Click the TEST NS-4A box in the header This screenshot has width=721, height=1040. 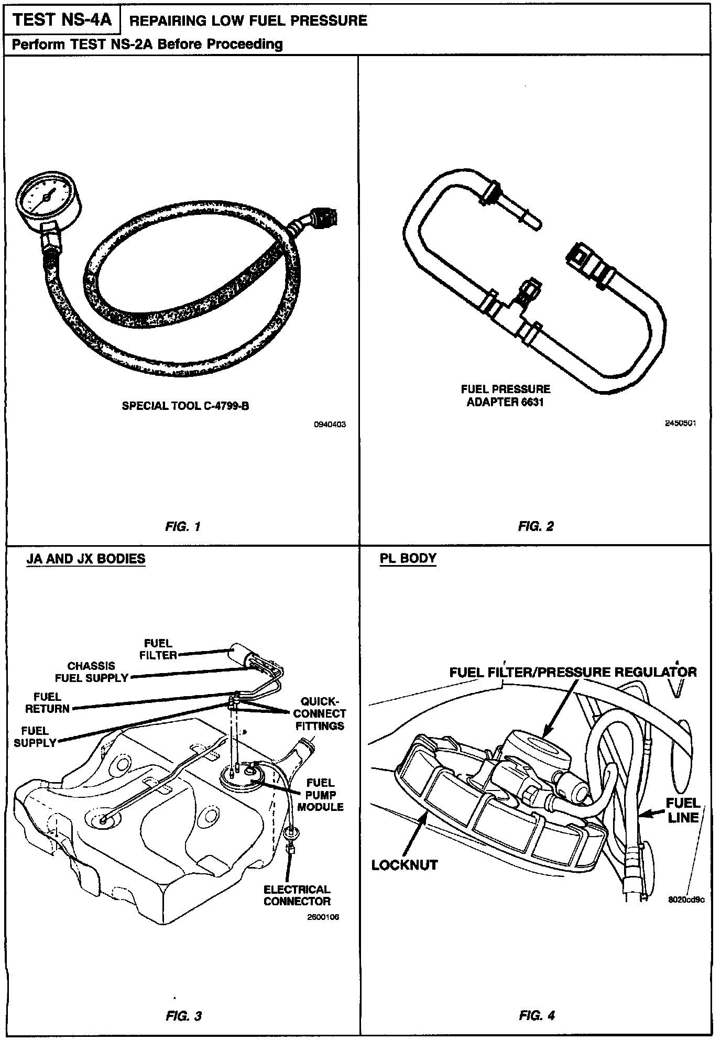point(62,20)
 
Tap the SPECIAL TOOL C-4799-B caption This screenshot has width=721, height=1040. point(185,405)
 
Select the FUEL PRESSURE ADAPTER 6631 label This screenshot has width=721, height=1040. point(505,396)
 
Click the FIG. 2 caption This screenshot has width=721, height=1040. point(536,526)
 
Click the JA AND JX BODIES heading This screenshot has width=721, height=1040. point(86,558)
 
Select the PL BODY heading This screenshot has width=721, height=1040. point(408,558)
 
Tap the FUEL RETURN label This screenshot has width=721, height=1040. point(47,703)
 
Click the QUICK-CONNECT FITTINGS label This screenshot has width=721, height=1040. point(320,713)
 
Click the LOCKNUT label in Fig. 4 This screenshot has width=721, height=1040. point(404,864)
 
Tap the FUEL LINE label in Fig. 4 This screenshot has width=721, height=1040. point(683,810)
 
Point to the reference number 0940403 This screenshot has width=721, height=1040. point(330,425)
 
